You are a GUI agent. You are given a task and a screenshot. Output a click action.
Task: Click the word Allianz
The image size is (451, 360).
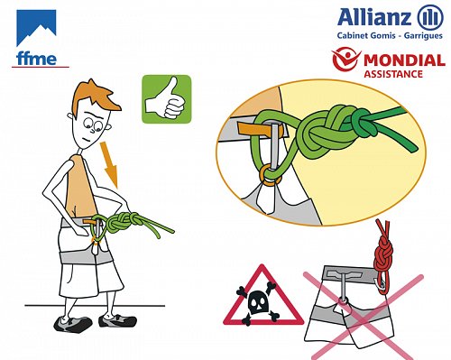[374, 17]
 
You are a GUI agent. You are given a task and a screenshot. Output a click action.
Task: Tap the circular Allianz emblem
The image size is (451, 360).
[430, 17]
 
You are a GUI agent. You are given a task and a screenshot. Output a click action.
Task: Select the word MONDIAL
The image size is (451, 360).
[404, 60]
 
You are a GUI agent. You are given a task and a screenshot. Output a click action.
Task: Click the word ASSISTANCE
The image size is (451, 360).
[393, 74]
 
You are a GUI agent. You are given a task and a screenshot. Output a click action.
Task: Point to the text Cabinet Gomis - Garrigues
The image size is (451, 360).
[390, 35]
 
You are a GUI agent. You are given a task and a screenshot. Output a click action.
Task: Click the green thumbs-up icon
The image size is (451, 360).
[167, 99]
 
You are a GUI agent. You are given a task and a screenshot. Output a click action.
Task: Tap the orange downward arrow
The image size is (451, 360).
[110, 164]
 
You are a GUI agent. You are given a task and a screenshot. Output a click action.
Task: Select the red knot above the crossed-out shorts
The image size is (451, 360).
[383, 254]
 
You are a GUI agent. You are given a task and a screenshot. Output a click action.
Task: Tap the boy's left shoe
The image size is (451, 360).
[117, 320]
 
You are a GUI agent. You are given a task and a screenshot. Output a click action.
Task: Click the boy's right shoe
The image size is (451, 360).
[73, 324]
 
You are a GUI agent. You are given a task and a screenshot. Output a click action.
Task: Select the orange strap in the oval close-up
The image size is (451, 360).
[260, 129]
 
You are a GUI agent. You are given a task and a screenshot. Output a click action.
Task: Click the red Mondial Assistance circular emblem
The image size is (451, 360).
[346, 60]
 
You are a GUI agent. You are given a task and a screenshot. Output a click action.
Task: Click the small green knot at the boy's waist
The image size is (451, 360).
[122, 223]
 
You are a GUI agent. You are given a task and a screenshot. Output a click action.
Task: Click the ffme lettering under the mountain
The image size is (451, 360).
[36, 59]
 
